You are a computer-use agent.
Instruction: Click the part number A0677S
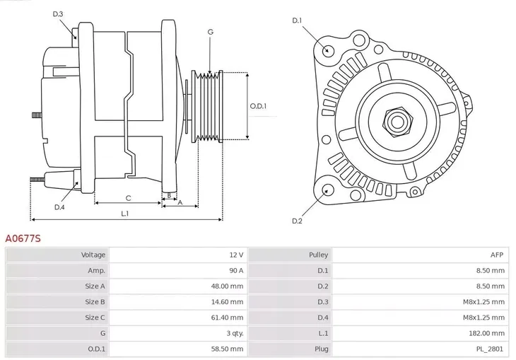pos(23,239)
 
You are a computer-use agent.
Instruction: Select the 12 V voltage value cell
pos(235,255)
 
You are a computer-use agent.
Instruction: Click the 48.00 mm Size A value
pos(227,286)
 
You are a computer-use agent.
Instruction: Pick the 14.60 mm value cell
pos(227,302)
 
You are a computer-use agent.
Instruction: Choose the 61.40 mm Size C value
pos(227,318)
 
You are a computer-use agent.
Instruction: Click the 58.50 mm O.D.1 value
pos(227,349)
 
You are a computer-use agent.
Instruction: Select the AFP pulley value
pos(498,255)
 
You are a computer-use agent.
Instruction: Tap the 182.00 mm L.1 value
pos(487,333)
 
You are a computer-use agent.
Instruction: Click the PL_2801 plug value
pos(491,349)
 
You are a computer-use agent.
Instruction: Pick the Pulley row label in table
pos(318,255)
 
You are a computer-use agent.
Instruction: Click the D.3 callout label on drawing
pos(58,14)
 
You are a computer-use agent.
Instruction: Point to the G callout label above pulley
pos(210,32)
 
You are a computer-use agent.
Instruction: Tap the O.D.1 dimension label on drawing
pos(258,106)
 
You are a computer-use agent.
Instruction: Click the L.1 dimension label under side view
pos(124,213)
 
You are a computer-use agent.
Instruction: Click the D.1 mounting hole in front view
pos(327,50)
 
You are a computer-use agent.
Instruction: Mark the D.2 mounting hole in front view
pos(327,190)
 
